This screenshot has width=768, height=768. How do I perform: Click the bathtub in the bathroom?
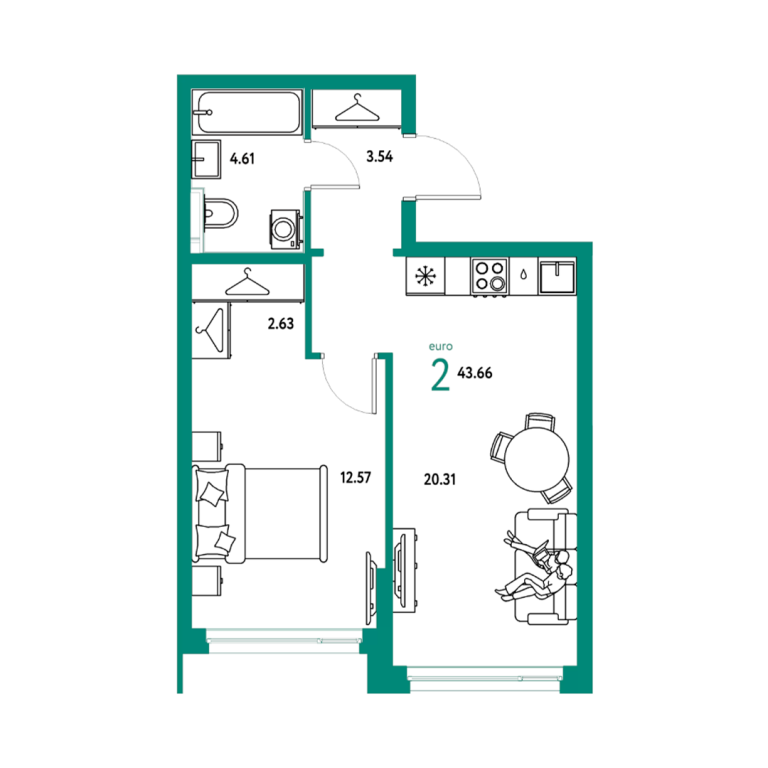click(248, 112)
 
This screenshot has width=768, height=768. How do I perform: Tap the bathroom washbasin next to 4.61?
click(206, 159)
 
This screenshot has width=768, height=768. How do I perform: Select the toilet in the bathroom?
click(218, 213)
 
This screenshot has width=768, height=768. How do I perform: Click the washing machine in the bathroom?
click(285, 229)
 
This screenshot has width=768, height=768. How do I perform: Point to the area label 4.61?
click(242, 159)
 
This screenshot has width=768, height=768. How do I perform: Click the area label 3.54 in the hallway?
click(380, 157)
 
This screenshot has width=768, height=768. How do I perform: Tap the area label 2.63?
click(281, 323)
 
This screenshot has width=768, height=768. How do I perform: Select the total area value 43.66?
click(475, 373)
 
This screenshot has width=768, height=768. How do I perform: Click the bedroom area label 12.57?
click(356, 477)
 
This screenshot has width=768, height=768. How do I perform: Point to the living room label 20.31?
click(440, 479)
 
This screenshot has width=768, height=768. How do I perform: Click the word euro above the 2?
click(441, 346)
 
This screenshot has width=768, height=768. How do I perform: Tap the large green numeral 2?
click(440, 375)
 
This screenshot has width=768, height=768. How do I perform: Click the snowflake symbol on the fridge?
click(425, 276)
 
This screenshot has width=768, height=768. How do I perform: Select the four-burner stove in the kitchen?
click(490, 277)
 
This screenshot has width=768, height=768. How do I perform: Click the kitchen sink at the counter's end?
click(557, 276)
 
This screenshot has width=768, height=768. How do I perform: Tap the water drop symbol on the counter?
click(524, 275)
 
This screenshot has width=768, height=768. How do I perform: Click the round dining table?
click(537, 458)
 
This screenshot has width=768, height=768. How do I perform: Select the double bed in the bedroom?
click(260, 513)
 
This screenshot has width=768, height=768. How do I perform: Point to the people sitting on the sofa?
click(536, 570)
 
